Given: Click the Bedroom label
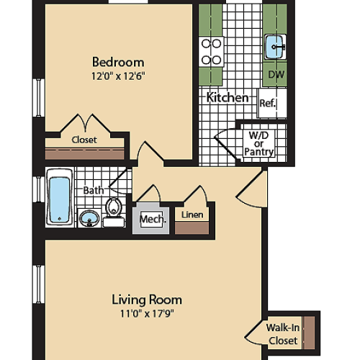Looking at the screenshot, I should (x=118, y=62).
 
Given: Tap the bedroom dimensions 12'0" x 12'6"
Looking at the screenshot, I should (x=118, y=76).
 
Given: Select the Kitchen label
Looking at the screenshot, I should (x=228, y=97).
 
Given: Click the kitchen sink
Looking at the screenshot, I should (x=275, y=47).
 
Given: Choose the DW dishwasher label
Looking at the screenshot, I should (x=275, y=74).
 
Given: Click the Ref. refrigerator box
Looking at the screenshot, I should (x=268, y=103).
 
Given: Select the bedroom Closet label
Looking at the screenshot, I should (x=84, y=140).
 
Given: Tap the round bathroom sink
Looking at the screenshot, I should (x=89, y=217).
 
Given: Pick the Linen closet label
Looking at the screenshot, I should (x=192, y=215).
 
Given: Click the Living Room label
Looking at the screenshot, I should (x=146, y=299).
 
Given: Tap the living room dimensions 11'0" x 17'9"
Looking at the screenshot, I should (x=146, y=313).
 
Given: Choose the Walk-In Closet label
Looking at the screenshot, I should (x=282, y=333).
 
